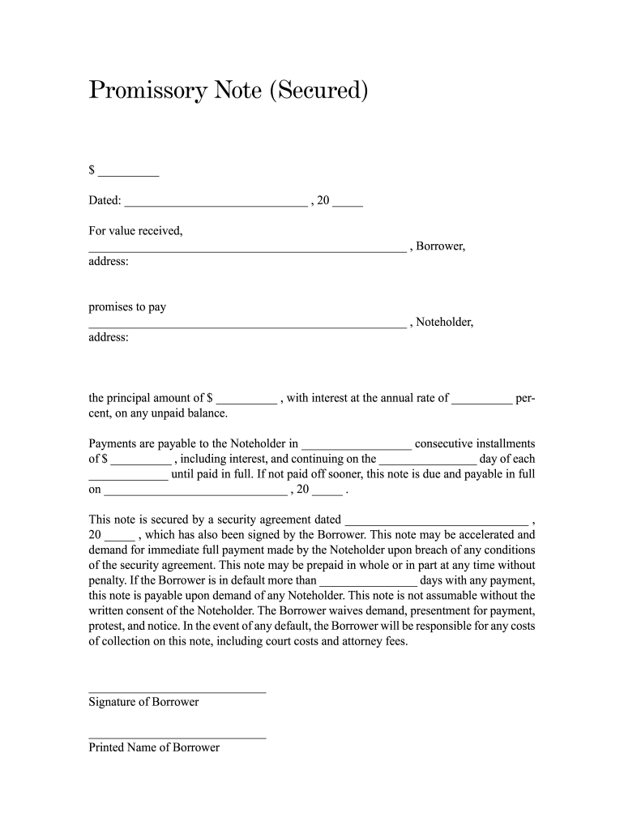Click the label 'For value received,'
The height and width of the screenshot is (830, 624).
[135, 231]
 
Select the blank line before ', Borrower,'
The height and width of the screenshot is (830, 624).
[247, 250]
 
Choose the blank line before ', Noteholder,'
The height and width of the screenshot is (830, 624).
[247, 327]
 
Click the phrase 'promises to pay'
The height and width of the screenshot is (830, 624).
[127, 307]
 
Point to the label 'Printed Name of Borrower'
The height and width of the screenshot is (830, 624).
[154, 747]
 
